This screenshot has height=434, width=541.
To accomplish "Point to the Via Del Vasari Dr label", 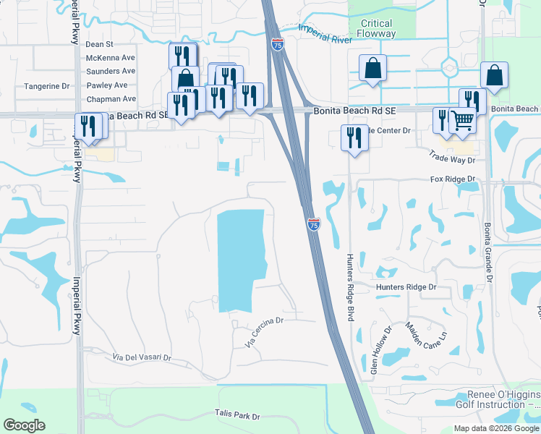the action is (x=142, y=357).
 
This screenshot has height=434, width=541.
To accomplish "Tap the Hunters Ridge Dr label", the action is (x=406, y=287).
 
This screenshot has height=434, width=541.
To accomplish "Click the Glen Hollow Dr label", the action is (x=380, y=349).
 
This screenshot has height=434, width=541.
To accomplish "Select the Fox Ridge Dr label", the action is (x=452, y=179).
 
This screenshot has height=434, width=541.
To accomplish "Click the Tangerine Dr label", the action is (x=46, y=86).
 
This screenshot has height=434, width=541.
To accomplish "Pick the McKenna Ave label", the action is (x=111, y=58).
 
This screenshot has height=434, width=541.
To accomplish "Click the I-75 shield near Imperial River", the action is (x=278, y=44).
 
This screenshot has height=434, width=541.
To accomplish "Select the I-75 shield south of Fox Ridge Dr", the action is (x=313, y=226).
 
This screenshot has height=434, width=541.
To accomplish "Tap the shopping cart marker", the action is (x=462, y=120).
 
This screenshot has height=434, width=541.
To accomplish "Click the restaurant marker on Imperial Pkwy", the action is (x=90, y=125).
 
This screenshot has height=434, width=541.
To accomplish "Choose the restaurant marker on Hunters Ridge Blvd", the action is (x=354, y=137).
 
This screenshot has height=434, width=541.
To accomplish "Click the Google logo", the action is (x=25, y=425).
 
